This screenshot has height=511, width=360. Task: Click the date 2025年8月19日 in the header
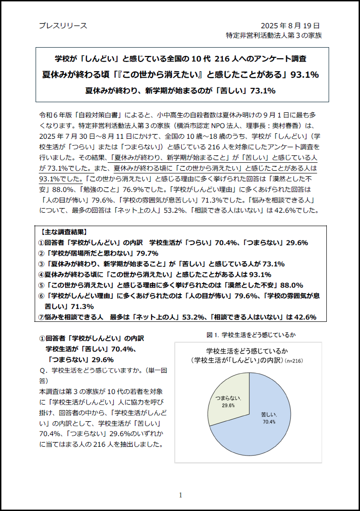coord(290,25)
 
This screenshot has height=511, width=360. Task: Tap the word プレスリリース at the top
coord(63,25)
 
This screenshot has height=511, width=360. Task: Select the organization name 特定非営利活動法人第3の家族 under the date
coord(274,35)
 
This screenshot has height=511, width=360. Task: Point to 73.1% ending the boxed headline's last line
coord(262,91)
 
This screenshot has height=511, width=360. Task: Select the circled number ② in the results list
coord(41,253)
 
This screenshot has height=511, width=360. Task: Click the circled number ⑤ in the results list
coord(41,285)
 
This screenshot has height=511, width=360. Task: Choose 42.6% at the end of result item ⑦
coord(303,317)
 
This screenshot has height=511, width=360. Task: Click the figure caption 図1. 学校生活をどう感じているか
coord(251,334)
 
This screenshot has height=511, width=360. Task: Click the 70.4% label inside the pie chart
coord(269,422)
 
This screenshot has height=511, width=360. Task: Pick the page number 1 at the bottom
coord(180,495)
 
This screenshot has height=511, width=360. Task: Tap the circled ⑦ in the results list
coord(41,317)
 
